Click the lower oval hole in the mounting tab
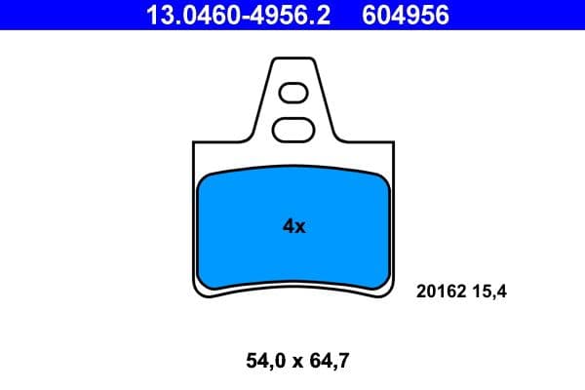click(292, 128)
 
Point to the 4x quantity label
click(293, 226)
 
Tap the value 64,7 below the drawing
click(327, 362)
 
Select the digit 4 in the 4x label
click(288, 226)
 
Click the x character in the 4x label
click(300, 227)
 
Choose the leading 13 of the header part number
click(157, 16)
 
